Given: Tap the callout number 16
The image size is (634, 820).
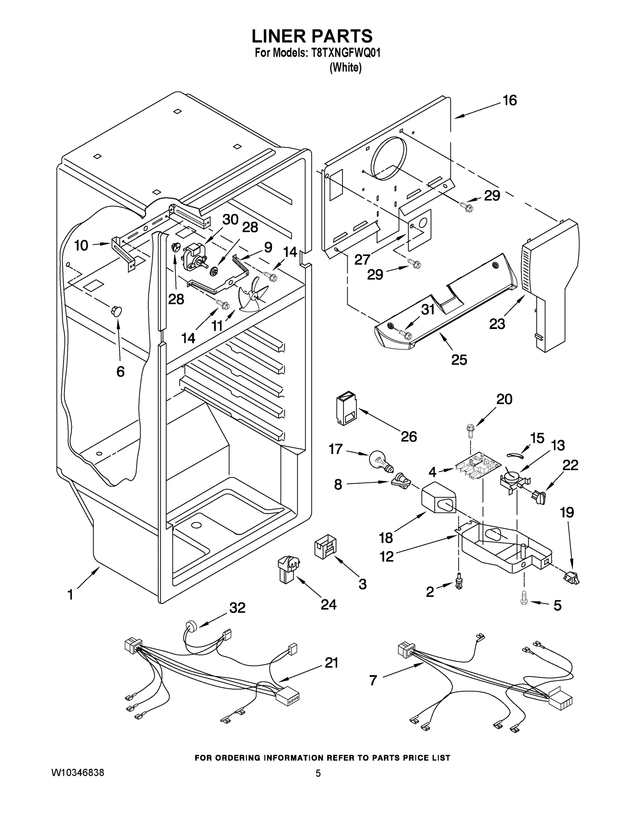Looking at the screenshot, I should click(x=510, y=101).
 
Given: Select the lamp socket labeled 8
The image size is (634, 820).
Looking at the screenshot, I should click(x=401, y=482).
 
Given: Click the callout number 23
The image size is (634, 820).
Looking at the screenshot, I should click(x=497, y=324).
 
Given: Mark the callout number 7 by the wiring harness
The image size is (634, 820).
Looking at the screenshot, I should click(x=373, y=680).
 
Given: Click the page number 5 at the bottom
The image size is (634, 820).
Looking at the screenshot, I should click(x=318, y=773).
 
